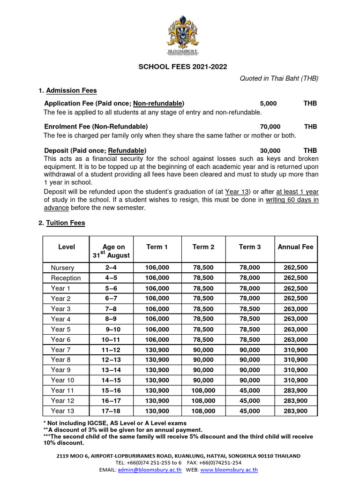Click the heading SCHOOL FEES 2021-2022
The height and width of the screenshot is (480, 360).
[182, 67]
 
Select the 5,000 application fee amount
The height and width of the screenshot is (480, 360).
[268, 103]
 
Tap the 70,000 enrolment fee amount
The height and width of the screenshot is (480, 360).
[270, 127]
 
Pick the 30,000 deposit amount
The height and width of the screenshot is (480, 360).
[270, 150]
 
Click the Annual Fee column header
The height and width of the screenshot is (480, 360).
[295, 247]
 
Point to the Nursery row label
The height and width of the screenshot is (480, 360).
[62, 268]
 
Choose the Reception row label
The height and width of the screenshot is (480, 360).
[66, 278]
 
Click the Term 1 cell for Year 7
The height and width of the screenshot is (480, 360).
[157, 350]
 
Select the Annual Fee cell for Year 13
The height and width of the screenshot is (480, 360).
[295, 411]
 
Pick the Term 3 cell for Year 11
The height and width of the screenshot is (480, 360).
[249, 390]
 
